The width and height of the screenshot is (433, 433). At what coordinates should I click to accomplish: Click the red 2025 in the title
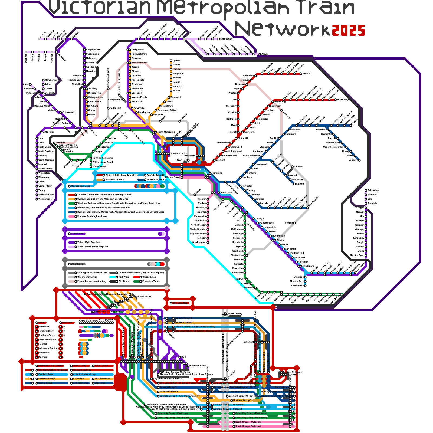pyautogui.click(x=348, y=30)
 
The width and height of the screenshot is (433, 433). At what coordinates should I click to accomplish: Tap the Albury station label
pyautogui.click(x=265, y=54)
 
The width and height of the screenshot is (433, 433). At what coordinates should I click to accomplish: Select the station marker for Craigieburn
pyautogui.click(x=130, y=50)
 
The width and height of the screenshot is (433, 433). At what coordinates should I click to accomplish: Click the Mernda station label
pyautogui.click(x=306, y=74)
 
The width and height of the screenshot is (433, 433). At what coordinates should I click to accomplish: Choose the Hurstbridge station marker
pyautogui.click(x=336, y=100)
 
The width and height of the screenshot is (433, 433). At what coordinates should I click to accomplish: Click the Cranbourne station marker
pyautogui.click(x=305, y=286)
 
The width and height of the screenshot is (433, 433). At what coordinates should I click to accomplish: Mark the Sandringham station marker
pyautogui.click(x=208, y=242)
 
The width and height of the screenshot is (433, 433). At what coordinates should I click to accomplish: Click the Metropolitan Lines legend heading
pyautogui.click(x=80, y=186)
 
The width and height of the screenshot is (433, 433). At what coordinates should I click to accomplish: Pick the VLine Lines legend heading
pyautogui.click(x=77, y=234)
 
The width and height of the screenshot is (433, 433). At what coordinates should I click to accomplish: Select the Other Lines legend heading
pyautogui.click(x=77, y=264)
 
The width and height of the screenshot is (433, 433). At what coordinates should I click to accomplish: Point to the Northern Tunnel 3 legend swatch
pyautogui.click(x=100, y=180)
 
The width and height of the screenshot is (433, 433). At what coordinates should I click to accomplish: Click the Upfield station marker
pyautogui.click(x=171, y=61)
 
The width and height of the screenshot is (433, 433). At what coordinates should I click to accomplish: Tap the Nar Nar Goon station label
pyautogui.click(x=357, y=255)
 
